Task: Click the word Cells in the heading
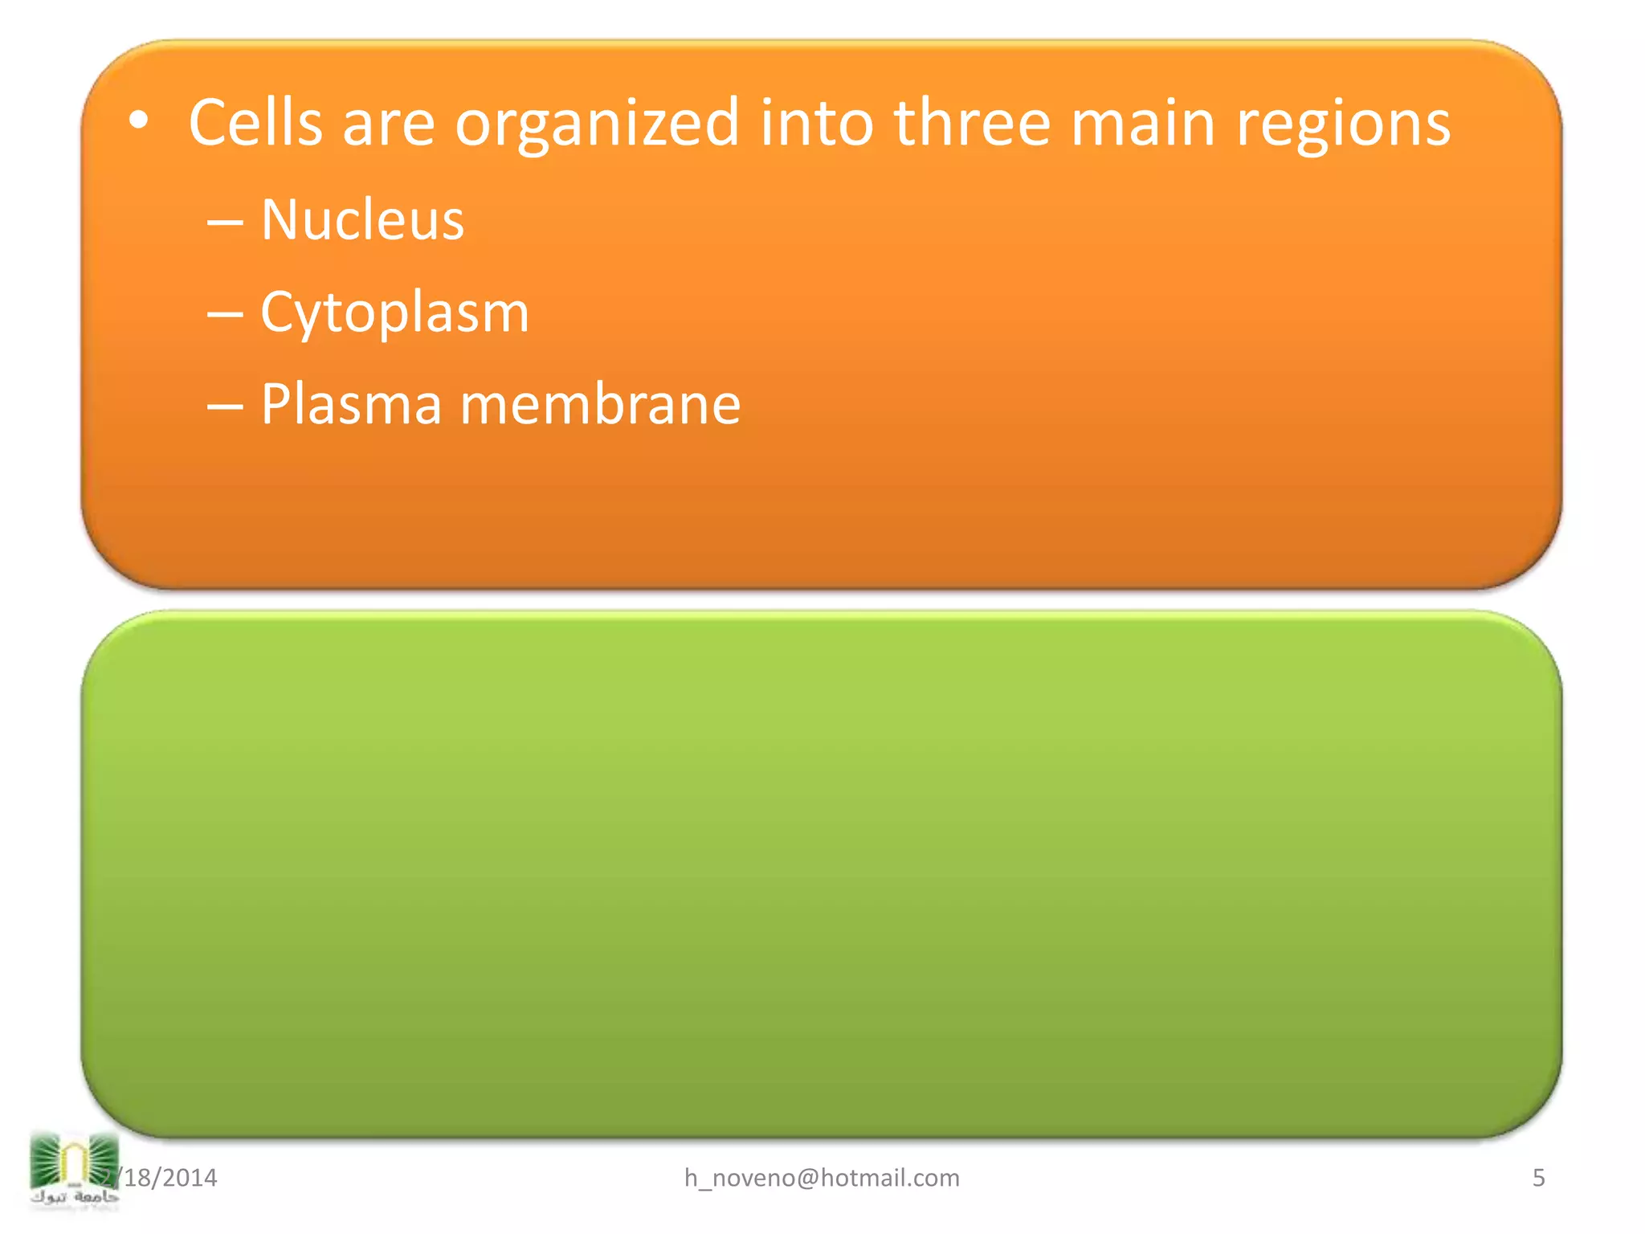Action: [255, 123]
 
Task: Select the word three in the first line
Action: [972, 123]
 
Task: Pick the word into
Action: [816, 123]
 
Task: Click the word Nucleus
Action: [362, 219]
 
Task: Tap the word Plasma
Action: [351, 404]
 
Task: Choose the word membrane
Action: [600, 404]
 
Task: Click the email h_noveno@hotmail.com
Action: [822, 1178]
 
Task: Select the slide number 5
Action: [1538, 1178]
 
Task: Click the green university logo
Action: [73, 1158]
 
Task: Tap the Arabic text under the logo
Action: [74, 1198]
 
